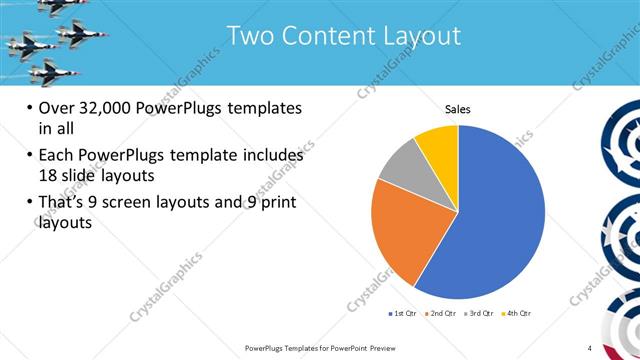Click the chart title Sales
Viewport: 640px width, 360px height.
(x=457, y=109)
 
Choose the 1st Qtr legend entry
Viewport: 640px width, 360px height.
(x=403, y=314)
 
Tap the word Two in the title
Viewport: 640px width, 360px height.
(x=250, y=36)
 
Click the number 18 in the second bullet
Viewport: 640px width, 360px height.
(x=50, y=175)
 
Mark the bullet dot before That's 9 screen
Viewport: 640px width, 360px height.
(x=29, y=204)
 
